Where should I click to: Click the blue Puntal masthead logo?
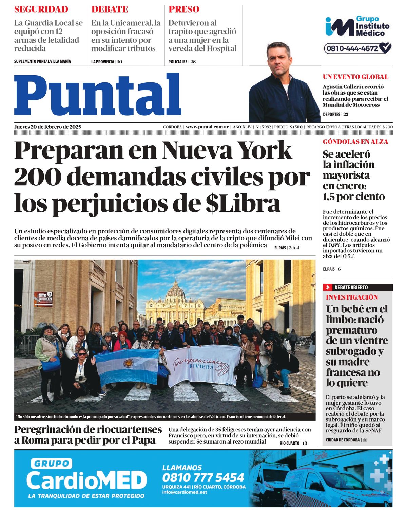click(98, 95)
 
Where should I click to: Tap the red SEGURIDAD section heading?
click(41, 9)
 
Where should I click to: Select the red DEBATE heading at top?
click(110, 9)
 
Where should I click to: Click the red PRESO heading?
click(184, 9)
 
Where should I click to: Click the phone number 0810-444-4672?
click(353, 48)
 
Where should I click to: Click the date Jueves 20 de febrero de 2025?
click(47, 127)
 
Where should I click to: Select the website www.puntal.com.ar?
click(207, 127)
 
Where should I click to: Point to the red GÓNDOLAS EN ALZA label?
click(355, 142)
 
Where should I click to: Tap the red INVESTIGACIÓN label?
click(352, 297)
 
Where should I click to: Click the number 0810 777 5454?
click(203, 477)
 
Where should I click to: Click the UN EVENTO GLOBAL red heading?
click(355, 77)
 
